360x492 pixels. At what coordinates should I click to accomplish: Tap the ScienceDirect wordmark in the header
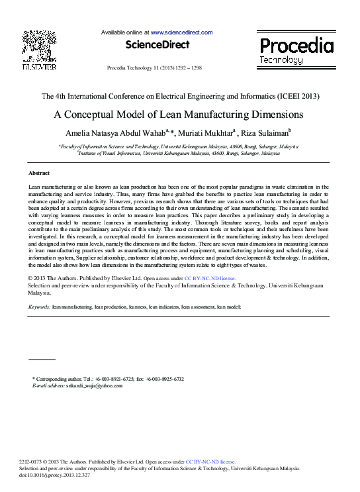(x=157, y=45)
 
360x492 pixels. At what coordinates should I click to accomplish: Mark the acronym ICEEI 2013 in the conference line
(x=298, y=96)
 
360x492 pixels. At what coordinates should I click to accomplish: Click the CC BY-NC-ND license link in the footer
(x=210, y=462)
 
